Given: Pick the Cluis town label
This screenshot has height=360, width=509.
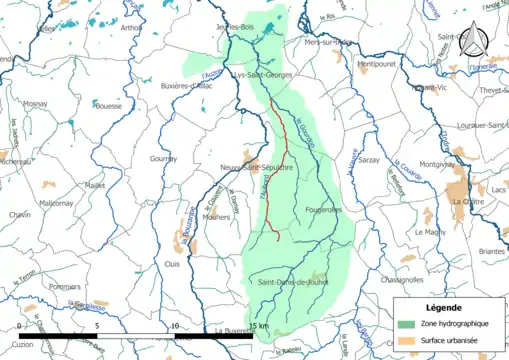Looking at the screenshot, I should [x=173, y=264].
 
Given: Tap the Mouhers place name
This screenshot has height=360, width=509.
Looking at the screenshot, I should [x=215, y=216].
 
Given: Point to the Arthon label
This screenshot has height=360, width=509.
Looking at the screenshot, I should [x=131, y=28].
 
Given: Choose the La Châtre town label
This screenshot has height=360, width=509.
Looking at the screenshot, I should [x=467, y=201].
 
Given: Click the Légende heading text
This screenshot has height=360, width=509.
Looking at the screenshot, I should [x=444, y=307].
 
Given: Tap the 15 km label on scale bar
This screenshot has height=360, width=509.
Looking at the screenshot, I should [x=259, y=326].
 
